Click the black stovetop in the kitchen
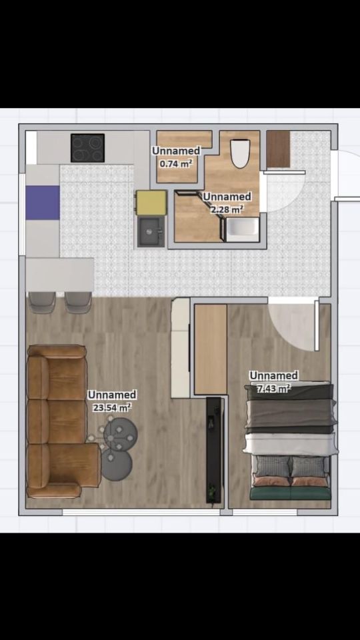coord(87,148)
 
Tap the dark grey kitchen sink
coord(151,231)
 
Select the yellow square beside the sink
coord(151,203)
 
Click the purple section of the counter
coord(43,203)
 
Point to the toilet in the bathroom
coord(240,153)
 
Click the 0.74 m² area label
coord(176,164)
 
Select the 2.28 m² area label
coord(227,210)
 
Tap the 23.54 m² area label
coord(112,407)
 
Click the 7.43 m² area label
coord(273,388)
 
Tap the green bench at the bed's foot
coord(290,493)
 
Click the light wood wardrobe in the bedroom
coord(210,349)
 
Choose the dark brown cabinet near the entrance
coord(278,149)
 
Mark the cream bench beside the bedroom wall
coord(180,348)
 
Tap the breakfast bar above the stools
coord(59,274)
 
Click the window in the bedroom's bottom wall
coord(265,512)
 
